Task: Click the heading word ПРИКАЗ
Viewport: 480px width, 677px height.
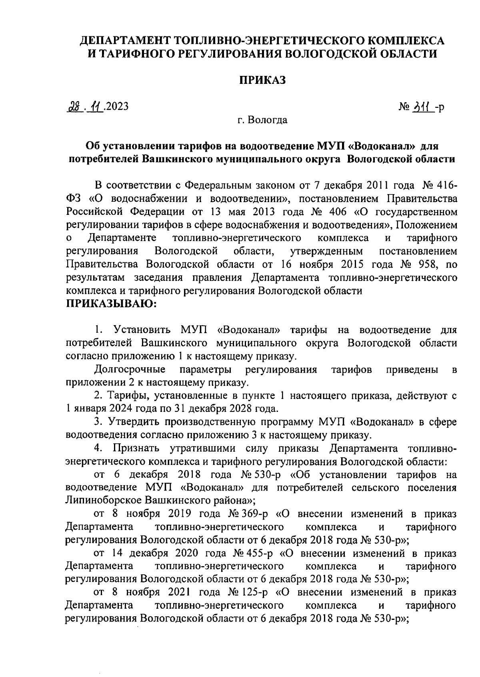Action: pyautogui.click(x=262, y=80)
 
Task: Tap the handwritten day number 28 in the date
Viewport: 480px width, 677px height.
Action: pyautogui.click(x=74, y=107)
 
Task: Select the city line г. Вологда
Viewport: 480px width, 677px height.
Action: pyautogui.click(x=262, y=120)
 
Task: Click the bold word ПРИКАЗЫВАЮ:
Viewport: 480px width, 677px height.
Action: pyautogui.click(x=112, y=304)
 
